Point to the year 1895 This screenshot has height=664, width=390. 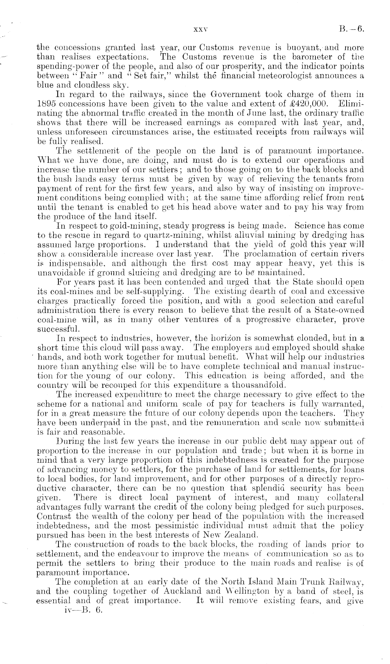(47, 104)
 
